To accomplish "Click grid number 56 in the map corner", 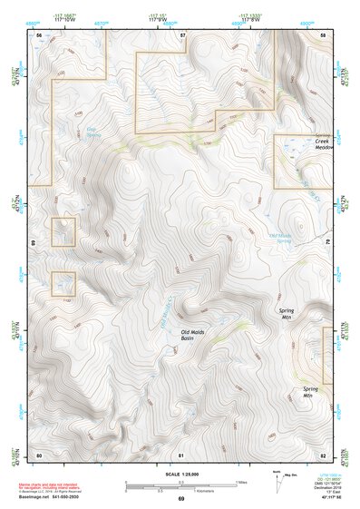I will [x=39, y=34].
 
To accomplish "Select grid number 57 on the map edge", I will [x=182, y=34].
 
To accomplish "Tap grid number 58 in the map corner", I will [x=324, y=34].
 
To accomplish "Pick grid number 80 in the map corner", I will [x=39, y=454].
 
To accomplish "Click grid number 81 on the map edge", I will [x=181, y=454].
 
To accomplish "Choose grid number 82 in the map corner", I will [x=323, y=454].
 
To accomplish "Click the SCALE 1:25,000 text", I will [x=180, y=474].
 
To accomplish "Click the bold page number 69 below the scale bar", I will [x=180, y=499].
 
